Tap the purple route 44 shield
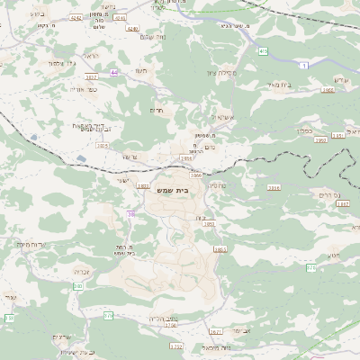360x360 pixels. tap(114, 72)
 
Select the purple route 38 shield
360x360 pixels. tap(131, 213)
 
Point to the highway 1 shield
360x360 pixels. tap(305, 66)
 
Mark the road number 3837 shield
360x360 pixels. tap(92, 77)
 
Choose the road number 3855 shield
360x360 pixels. tap(210, 223)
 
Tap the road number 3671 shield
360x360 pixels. tap(216, 331)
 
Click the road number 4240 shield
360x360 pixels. tap(133, 29)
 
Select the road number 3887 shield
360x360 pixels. tap(341, 204)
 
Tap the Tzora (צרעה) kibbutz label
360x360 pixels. tap(128, 157)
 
